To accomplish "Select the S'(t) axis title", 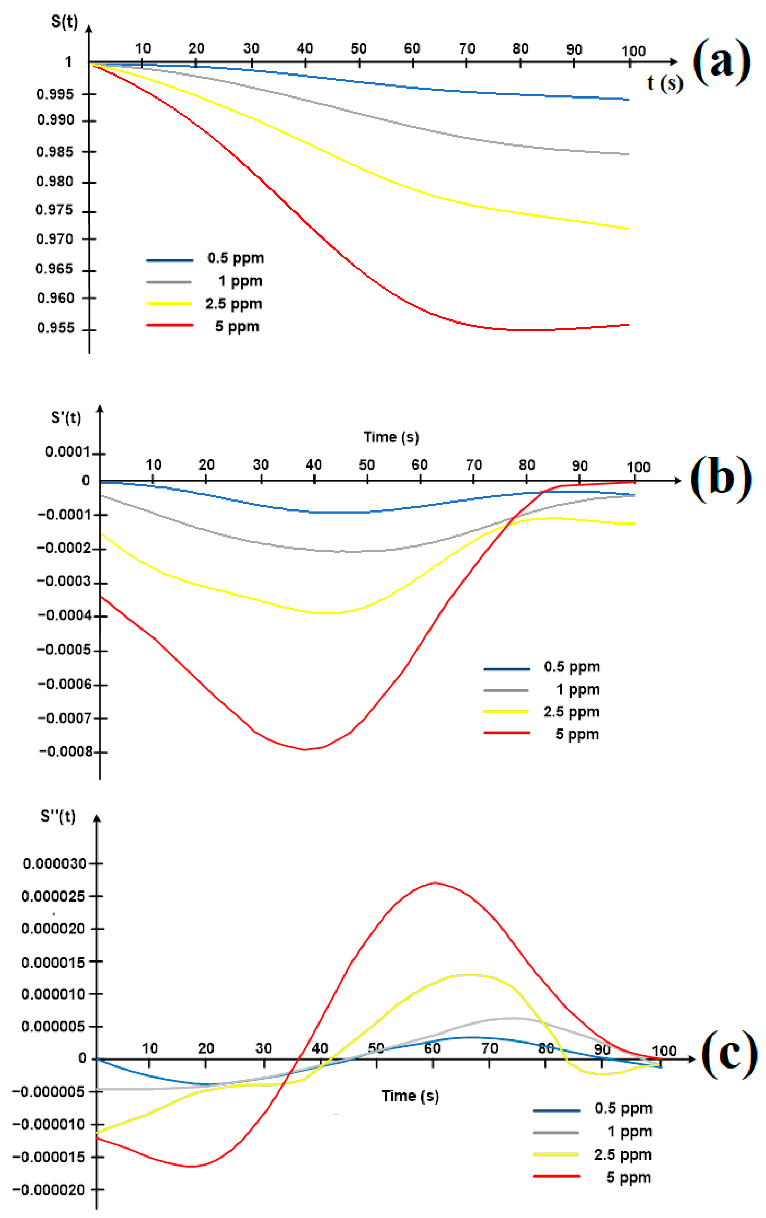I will tap(66, 417).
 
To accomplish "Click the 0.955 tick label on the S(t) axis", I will tap(56, 328).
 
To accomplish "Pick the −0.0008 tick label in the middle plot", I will tap(66, 752).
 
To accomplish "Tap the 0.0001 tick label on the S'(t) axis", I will tap(67, 452).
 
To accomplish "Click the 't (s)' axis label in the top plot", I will tap(664, 82).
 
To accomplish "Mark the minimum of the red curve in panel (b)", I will tap(304, 750).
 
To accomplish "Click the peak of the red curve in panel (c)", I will tap(435, 883).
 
